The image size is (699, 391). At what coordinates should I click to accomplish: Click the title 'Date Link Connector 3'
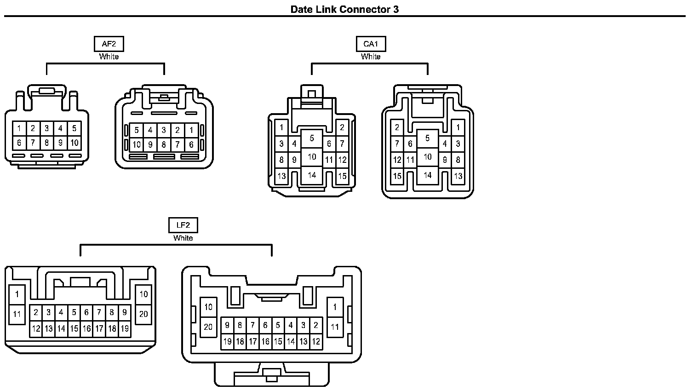[344, 9]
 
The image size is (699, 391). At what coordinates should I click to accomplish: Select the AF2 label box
[109, 44]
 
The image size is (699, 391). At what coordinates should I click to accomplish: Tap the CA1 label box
[371, 44]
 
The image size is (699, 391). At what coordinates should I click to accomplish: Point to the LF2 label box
[183, 225]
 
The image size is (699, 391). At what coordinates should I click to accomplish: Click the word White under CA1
[371, 57]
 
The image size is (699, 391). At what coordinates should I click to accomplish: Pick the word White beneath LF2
[183, 238]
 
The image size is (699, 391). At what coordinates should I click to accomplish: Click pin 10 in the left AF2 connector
[74, 143]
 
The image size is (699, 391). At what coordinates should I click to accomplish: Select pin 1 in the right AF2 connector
[191, 130]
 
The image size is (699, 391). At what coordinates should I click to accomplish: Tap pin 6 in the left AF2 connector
[19, 143]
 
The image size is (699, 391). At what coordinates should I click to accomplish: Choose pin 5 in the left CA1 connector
[312, 138]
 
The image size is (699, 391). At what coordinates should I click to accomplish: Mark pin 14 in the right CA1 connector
[428, 175]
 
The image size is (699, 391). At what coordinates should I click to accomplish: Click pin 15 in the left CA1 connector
[342, 176]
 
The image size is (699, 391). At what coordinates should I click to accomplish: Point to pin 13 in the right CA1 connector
[458, 176]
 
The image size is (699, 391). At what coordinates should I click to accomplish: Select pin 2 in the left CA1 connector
[342, 127]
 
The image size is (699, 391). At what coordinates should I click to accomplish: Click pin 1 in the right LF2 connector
[335, 307]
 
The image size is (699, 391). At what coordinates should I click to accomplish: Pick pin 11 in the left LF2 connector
[17, 315]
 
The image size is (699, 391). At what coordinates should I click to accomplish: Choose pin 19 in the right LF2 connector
[227, 342]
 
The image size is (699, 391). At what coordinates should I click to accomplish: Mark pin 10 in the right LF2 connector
[208, 307]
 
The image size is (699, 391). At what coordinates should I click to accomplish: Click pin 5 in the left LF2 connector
[74, 312]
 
